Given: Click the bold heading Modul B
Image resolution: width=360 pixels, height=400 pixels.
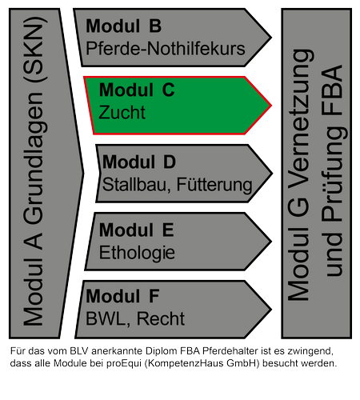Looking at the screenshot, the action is point(123,26).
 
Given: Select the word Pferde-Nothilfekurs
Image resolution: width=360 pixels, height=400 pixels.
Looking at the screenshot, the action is point(166,49).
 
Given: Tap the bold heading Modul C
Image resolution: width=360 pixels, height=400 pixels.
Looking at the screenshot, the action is point(137,90).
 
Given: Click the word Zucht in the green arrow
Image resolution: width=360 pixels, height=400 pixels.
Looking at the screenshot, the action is point(122,112).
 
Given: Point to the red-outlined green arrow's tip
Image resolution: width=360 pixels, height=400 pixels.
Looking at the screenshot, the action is point(271,106).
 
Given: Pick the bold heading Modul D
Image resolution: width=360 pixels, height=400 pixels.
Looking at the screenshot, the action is point(139,162).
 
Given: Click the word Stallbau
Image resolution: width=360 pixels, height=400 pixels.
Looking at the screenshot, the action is point(134,185).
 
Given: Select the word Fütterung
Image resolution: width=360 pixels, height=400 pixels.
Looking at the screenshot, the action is point(214,185).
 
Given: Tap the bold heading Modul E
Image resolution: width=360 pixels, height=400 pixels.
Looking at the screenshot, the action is point(137,230).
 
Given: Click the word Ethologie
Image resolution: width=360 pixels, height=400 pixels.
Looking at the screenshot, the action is point(137,253).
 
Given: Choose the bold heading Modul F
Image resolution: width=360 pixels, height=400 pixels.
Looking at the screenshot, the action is point(122,296).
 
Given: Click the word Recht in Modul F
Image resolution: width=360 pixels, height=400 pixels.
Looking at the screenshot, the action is point(161,318).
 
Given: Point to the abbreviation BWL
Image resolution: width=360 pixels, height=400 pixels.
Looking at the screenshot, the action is point(106,318).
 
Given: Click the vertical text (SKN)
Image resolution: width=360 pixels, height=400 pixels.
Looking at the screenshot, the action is point(34,50).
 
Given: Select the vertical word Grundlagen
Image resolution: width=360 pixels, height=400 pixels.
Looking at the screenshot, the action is point(34,158).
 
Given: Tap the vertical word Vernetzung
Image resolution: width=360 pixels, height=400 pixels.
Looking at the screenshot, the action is point(301,121).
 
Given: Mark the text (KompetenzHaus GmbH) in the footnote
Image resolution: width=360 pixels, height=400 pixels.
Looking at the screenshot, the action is point(202,363).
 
